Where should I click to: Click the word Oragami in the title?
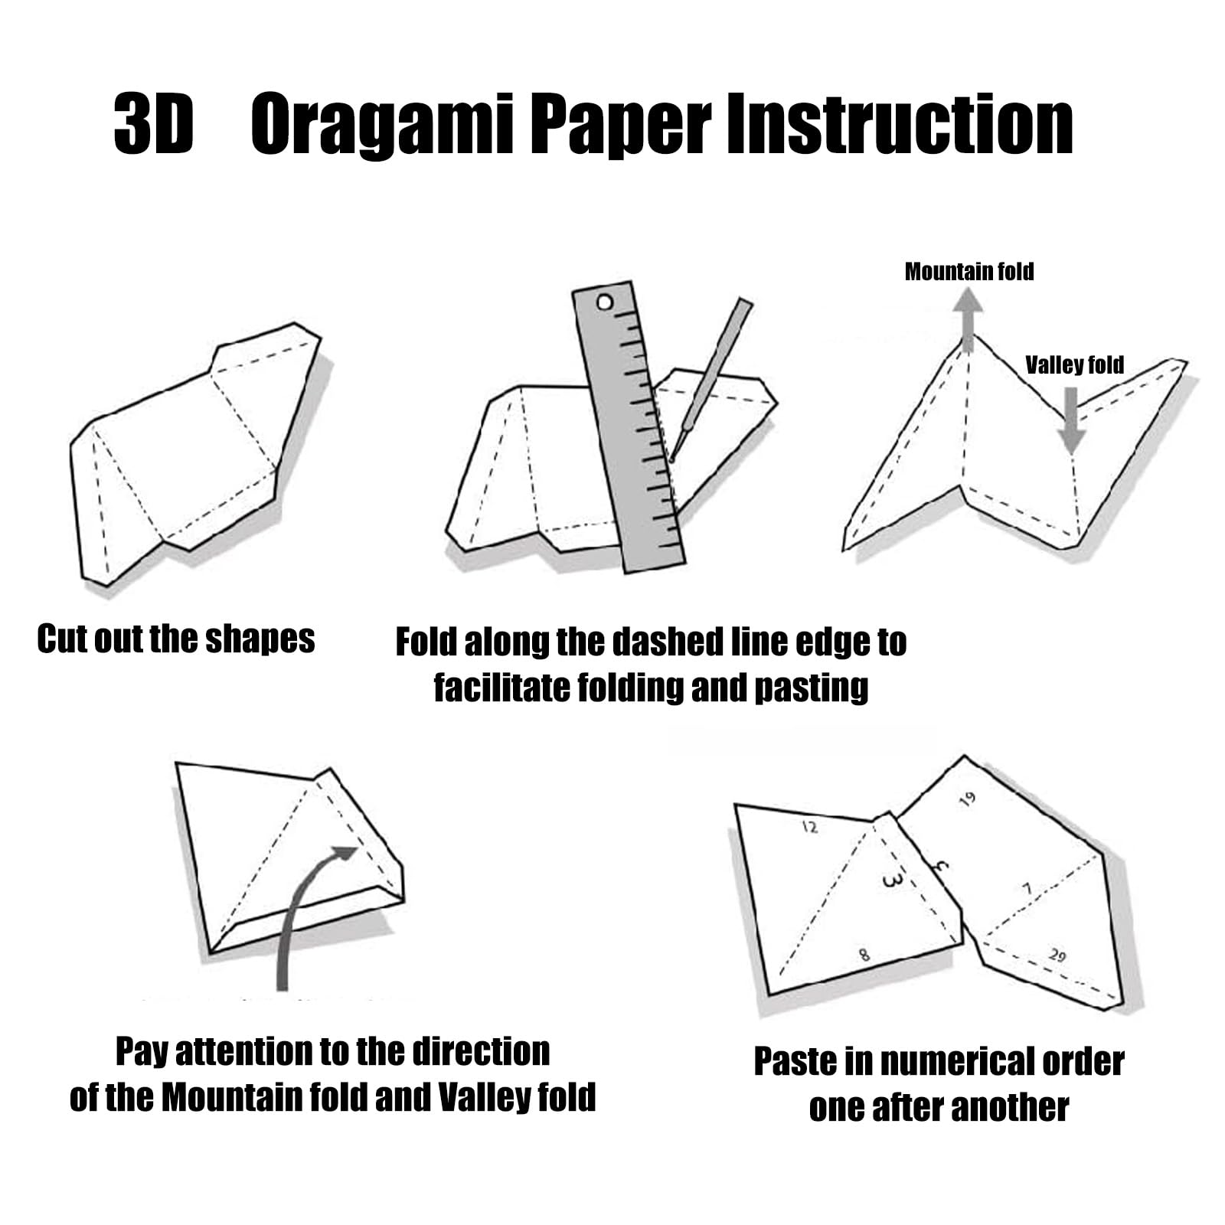pyautogui.click(x=381, y=125)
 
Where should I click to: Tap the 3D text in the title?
pyautogui.click(x=152, y=125)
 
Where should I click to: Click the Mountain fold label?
pyautogui.click(x=969, y=272)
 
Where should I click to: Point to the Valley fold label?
pyautogui.click(x=1074, y=365)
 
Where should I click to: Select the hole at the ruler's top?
pyautogui.click(x=605, y=303)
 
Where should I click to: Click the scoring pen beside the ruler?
pyautogui.click(x=708, y=379)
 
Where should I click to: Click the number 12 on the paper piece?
pyautogui.click(x=809, y=827)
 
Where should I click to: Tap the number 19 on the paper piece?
pyautogui.click(x=968, y=800)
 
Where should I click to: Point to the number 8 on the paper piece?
pyautogui.click(x=864, y=955)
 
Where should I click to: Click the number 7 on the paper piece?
pyautogui.click(x=1028, y=889)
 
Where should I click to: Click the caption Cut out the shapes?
pyautogui.click(x=176, y=639)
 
